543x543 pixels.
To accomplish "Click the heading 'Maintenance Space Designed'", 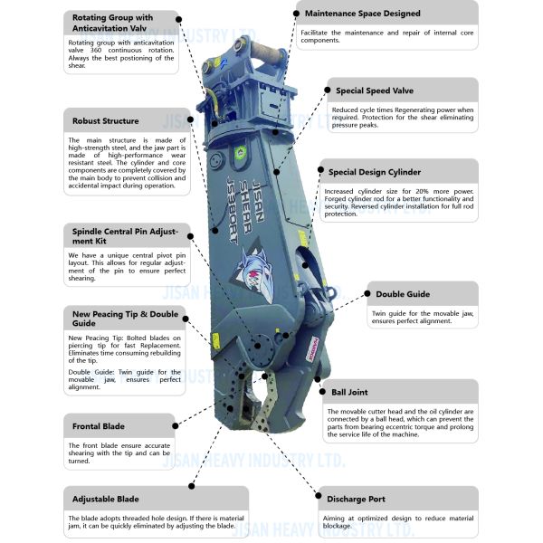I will pyautogui.click(x=362, y=14).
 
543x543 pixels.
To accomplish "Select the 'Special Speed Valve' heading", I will pyautogui.click(x=376, y=90).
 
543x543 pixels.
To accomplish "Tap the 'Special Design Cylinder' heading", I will pyautogui.click(x=375, y=171).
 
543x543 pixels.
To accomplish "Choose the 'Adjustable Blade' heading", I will pyautogui.click(x=106, y=499).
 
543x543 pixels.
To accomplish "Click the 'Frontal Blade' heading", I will pyautogui.click(x=99, y=425).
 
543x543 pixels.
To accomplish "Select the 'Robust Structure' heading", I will pyautogui.click(x=106, y=121).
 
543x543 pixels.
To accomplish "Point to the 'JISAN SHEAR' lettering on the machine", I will pyautogui.click(x=257, y=181).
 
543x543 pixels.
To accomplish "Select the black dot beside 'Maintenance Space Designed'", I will pyautogui.click(x=299, y=14).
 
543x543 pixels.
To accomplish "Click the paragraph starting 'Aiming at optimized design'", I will pyautogui.click(x=398, y=522).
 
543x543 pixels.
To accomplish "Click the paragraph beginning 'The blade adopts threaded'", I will pyautogui.click(x=131, y=522).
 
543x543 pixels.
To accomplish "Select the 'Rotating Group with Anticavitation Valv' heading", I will pyautogui.click(x=112, y=23).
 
